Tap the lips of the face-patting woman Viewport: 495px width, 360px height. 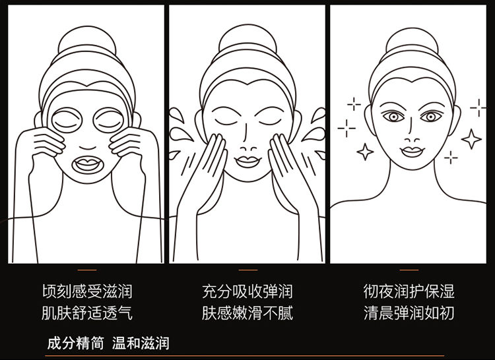coord(248,162)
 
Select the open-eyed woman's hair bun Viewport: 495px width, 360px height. coord(412,41)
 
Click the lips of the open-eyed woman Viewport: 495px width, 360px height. coord(412,152)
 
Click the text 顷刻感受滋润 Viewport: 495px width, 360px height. coord(87,291)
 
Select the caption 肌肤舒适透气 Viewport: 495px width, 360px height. coord(87,313)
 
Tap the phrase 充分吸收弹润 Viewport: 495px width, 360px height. coord(247,291)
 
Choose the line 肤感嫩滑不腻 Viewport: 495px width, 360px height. coord(247,313)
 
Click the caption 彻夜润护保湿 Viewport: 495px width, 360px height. coord(409,291)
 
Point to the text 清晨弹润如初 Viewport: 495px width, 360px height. coord(409,313)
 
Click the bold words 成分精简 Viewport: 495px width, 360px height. coord(75,343)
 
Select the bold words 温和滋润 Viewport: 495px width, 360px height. coord(141,343)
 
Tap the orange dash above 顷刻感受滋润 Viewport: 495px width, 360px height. coord(87,270)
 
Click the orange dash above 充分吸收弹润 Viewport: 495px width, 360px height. coord(248,270)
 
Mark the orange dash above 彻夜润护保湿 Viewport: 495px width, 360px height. coord(409,270)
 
